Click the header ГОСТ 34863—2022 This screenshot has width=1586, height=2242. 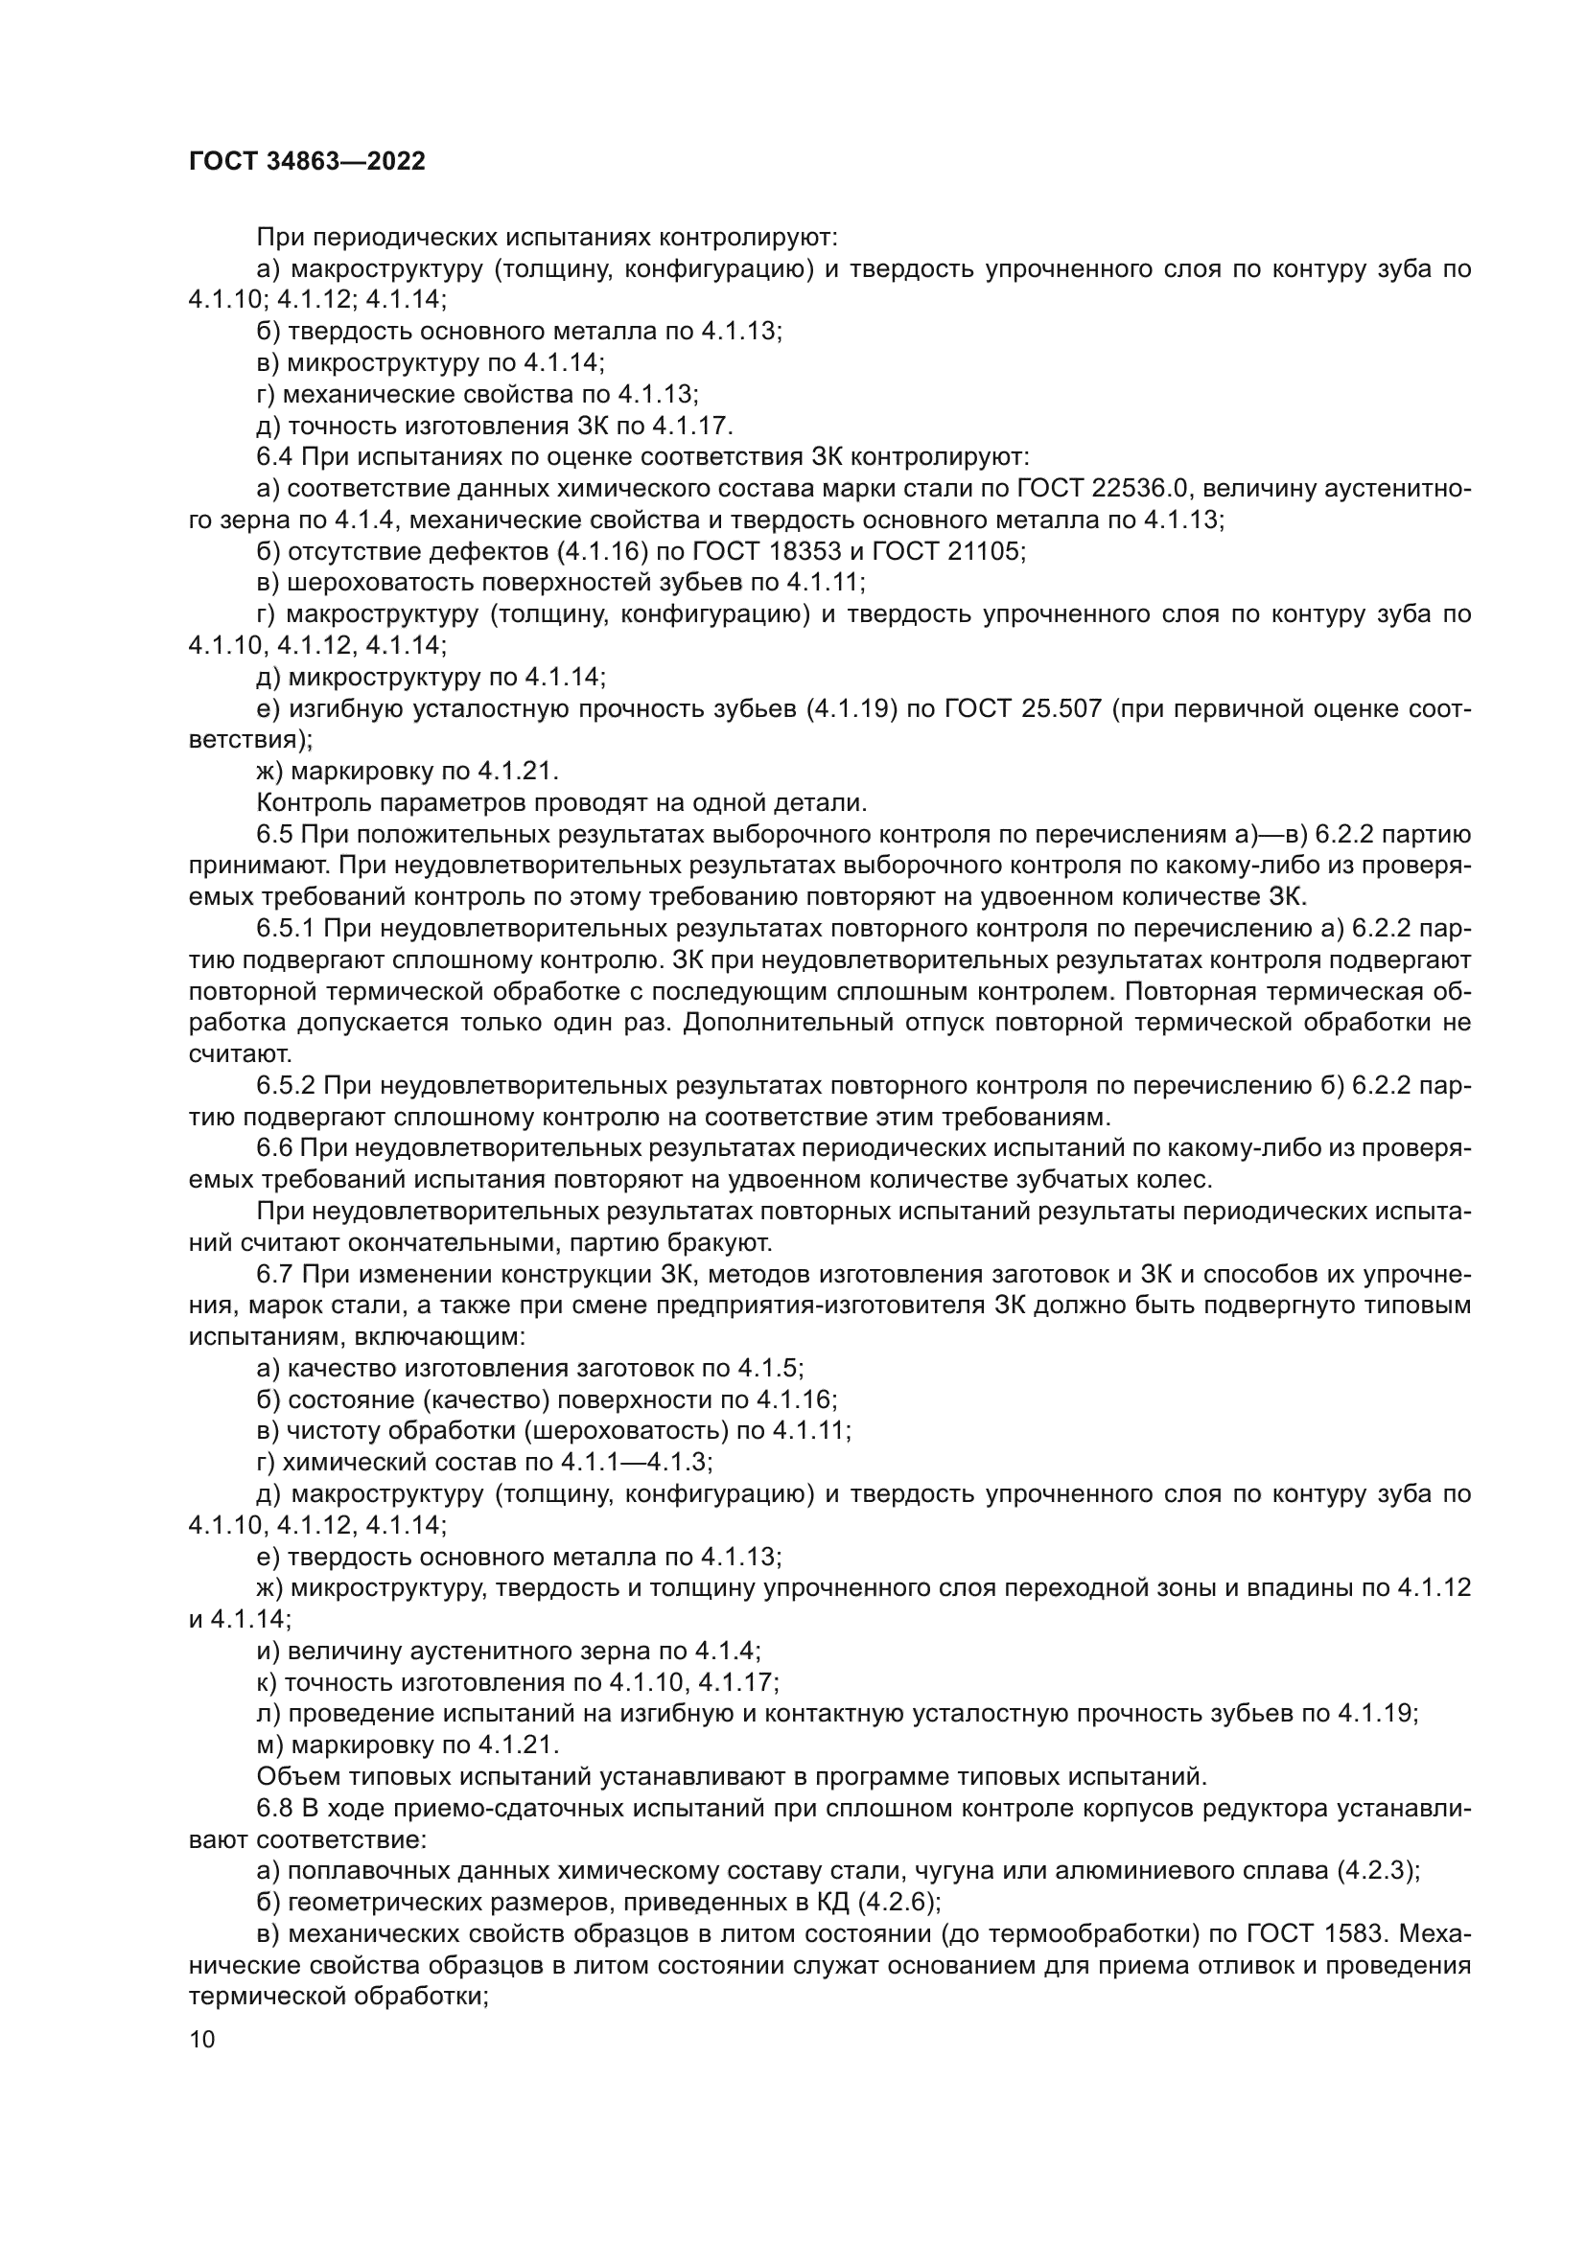307,162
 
